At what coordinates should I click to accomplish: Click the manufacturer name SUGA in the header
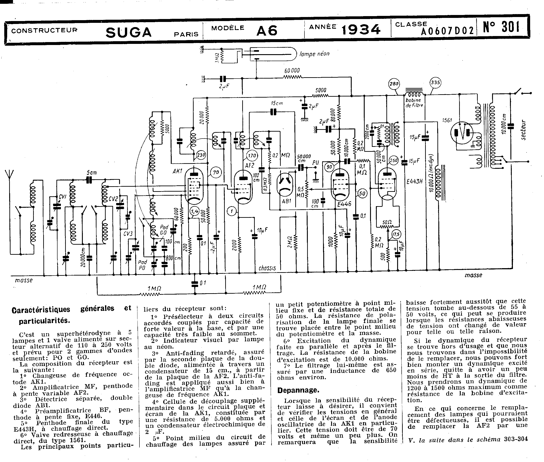(x=129, y=32)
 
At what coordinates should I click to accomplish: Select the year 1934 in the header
(x=361, y=30)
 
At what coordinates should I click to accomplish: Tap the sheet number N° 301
(x=501, y=27)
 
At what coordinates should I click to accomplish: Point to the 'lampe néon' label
(x=314, y=54)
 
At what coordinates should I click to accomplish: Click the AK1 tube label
(x=177, y=171)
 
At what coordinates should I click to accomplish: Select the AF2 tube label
(x=250, y=165)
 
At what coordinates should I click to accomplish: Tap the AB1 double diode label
(x=287, y=201)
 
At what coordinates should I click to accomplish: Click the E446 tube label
(x=344, y=204)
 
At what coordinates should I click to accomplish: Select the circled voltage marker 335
(x=435, y=83)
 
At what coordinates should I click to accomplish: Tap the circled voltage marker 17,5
(x=396, y=234)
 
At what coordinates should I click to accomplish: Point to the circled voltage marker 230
(x=201, y=155)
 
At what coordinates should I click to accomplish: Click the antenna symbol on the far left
(x=9, y=175)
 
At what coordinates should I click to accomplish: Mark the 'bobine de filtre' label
(x=414, y=103)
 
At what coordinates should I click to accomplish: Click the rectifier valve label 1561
(x=447, y=120)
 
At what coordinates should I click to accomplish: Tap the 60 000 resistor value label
(x=292, y=71)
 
